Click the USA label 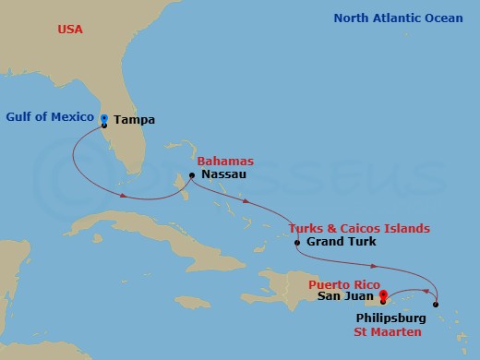(x=70, y=30)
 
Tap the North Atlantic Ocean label (x=398, y=18)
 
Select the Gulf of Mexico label (x=50, y=117)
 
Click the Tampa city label (x=136, y=120)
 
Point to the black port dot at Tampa (x=104, y=125)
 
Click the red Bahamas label (x=225, y=162)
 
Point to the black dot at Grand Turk (x=295, y=243)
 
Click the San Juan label (x=345, y=296)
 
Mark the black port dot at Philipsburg (x=436, y=305)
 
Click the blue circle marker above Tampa (x=104, y=117)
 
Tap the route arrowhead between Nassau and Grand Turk (x=246, y=203)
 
